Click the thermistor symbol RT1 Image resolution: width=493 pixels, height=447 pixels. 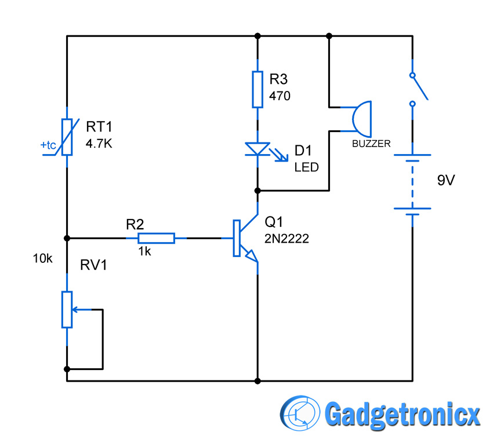tap(67, 137)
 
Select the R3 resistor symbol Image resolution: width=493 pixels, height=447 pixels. tap(257, 89)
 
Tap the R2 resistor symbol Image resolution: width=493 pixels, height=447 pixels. tap(156, 238)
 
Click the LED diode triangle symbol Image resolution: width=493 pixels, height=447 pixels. tap(257, 149)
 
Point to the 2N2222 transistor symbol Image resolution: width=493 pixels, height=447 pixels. tap(244, 238)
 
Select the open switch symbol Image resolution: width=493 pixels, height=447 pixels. tap(416, 90)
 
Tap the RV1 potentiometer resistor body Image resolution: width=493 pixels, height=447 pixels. tap(67, 310)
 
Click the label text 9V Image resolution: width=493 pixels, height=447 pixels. tap(446, 180)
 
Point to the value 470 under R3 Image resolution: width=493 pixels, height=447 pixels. tap(280, 96)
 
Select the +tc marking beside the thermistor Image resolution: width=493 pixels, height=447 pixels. tap(49, 145)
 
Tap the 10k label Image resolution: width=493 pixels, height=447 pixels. tap(43, 258)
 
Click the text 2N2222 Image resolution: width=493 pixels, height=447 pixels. tap(287, 238)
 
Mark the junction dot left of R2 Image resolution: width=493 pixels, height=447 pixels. tap(67, 238)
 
